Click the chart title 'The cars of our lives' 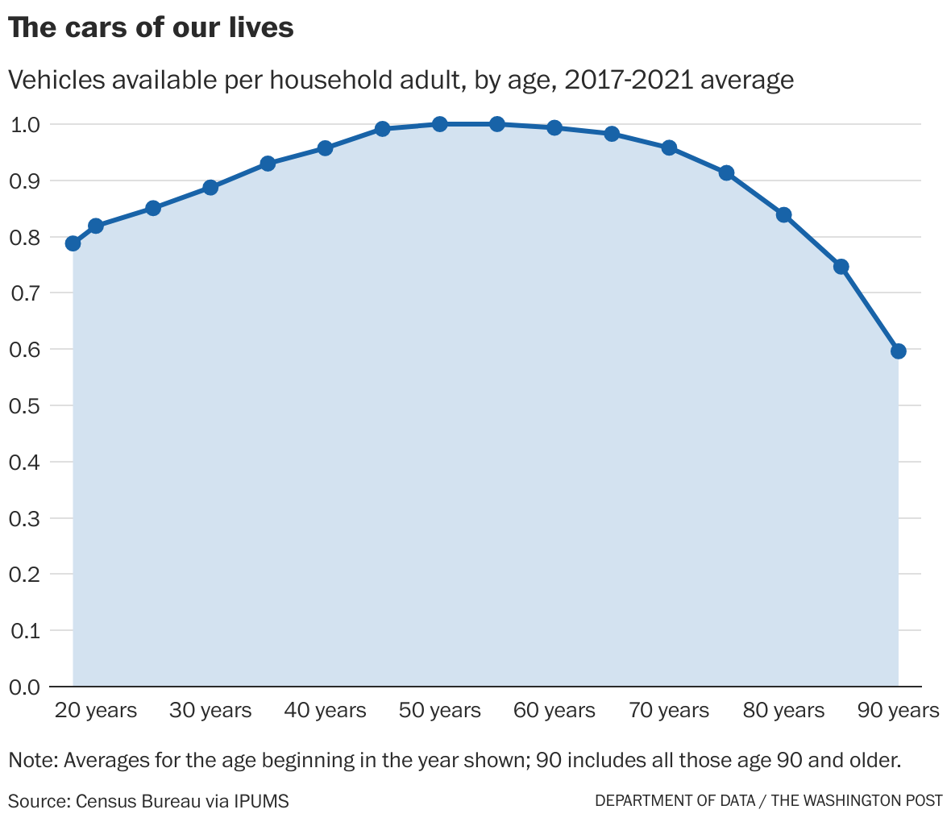pyautogui.click(x=151, y=28)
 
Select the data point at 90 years pyautogui.click(x=899, y=351)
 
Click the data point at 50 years pyautogui.click(x=439, y=124)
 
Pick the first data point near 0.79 pyautogui.click(x=73, y=243)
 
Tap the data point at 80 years pyautogui.click(x=783, y=215)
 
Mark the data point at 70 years pyautogui.click(x=669, y=148)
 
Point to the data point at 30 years pyautogui.click(x=210, y=188)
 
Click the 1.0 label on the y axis pyautogui.click(x=24, y=124)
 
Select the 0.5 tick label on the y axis pyautogui.click(x=24, y=405)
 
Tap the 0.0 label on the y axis pyautogui.click(x=24, y=687)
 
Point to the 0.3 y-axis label pyautogui.click(x=24, y=518)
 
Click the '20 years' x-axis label pyautogui.click(x=96, y=711)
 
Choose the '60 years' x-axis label pyautogui.click(x=554, y=711)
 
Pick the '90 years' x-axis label pyautogui.click(x=898, y=711)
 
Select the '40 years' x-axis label pyautogui.click(x=325, y=711)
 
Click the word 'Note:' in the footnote pyautogui.click(x=33, y=760)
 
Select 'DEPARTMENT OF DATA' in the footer pyautogui.click(x=675, y=801)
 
